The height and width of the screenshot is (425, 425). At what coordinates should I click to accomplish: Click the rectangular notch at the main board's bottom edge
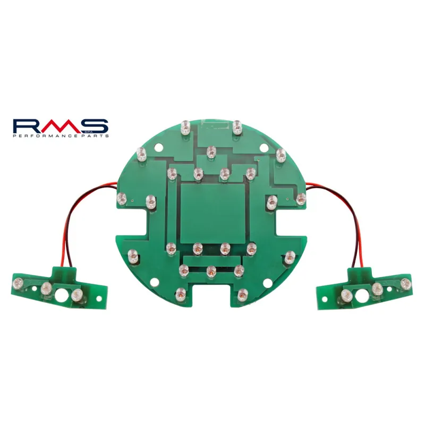[212, 295]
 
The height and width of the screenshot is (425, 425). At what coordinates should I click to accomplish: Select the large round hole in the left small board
[62, 296]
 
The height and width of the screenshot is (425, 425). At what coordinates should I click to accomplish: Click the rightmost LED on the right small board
[406, 283]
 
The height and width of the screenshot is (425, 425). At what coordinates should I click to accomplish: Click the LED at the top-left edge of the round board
[185, 127]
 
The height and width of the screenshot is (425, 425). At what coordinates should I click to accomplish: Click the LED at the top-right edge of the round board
[237, 126]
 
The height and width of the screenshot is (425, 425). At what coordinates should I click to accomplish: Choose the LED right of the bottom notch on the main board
[243, 293]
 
